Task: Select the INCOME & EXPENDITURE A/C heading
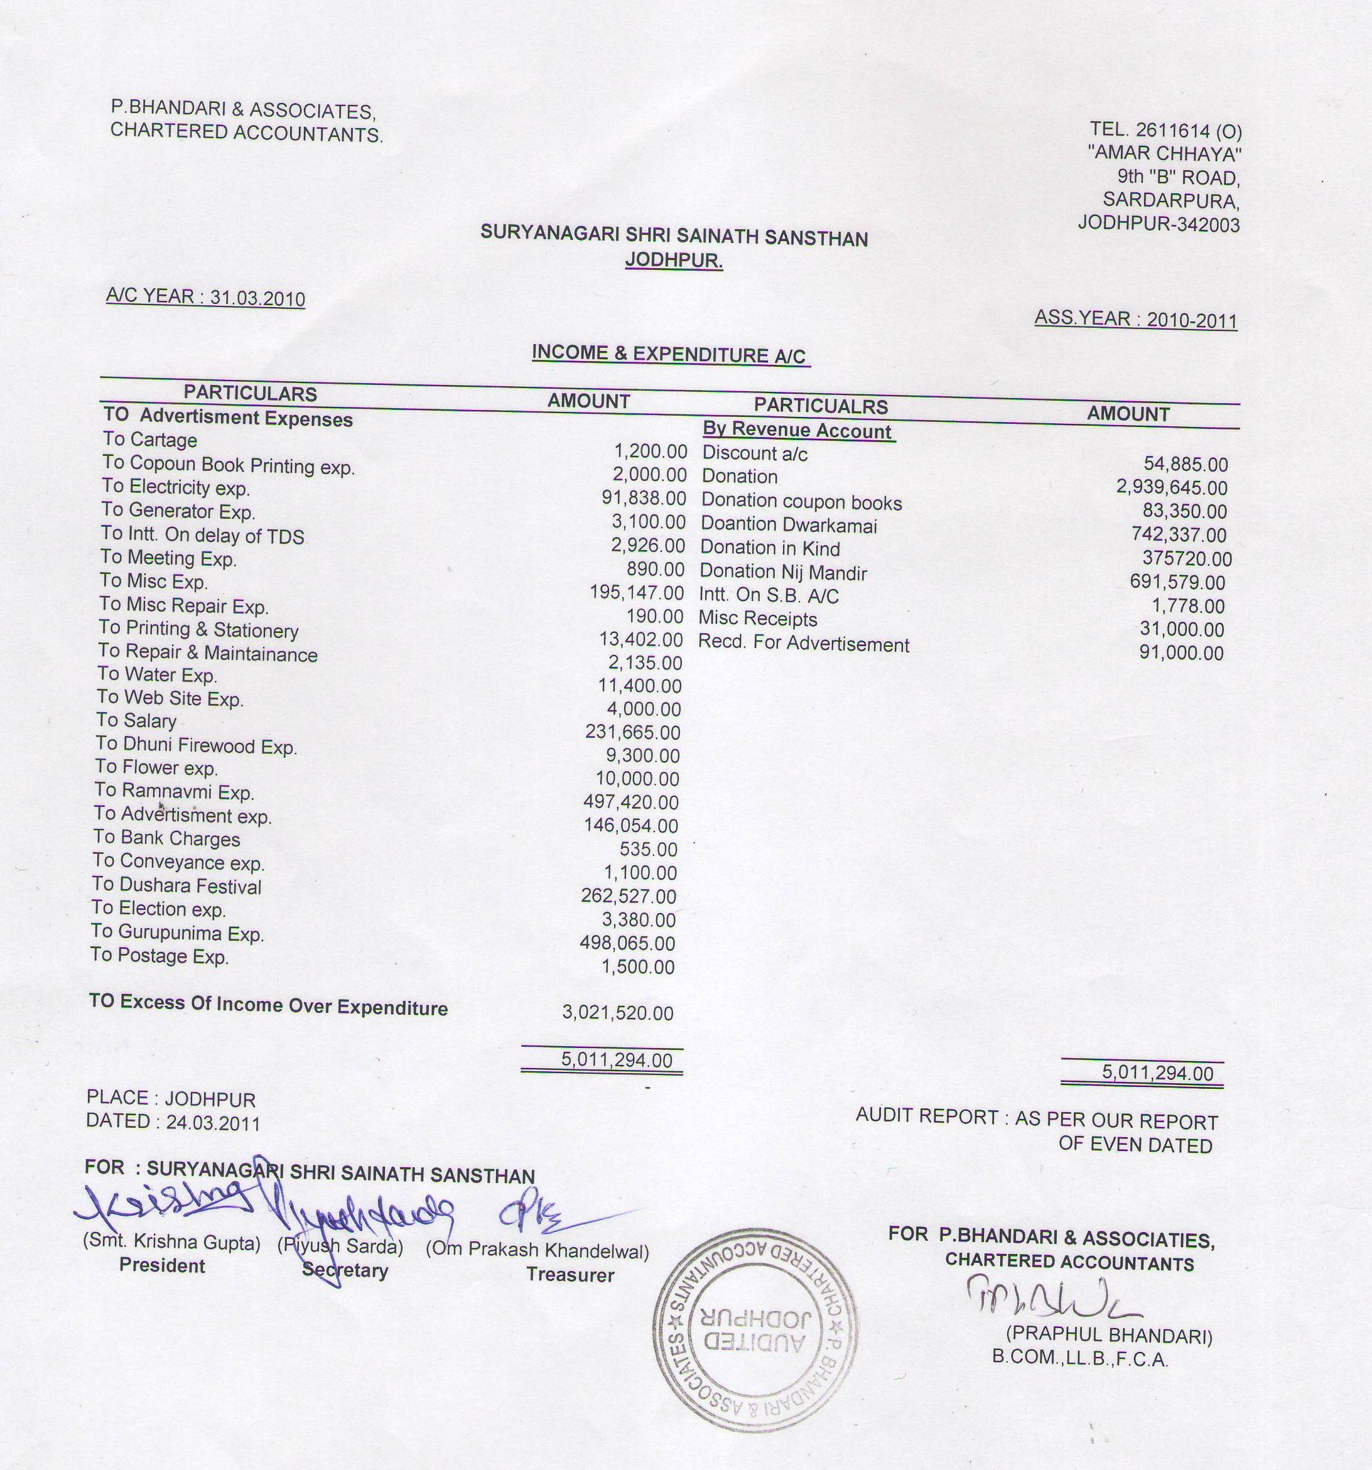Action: tap(669, 354)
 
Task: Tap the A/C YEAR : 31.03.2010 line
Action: tap(205, 297)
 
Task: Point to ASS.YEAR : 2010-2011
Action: tap(1135, 320)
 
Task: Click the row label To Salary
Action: tap(136, 720)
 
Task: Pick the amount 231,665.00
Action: tap(633, 732)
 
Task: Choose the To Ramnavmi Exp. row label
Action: tap(175, 791)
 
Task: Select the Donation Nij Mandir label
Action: tap(783, 571)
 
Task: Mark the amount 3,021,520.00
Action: tap(618, 1012)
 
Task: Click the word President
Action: tap(162, 1265)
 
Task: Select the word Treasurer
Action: tap(570, 1275)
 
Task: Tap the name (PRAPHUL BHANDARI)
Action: tap(1109, 1336)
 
